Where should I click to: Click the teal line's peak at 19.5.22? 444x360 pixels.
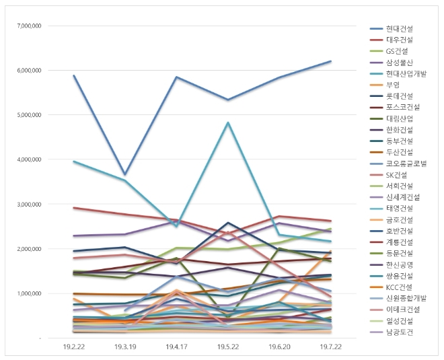pyautogui.click(x=228, y=122)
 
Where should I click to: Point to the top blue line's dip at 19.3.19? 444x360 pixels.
pyautogui.click(x=125, y=174)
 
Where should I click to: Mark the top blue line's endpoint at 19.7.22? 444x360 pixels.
pyautogui.click(x=331, y=61)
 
